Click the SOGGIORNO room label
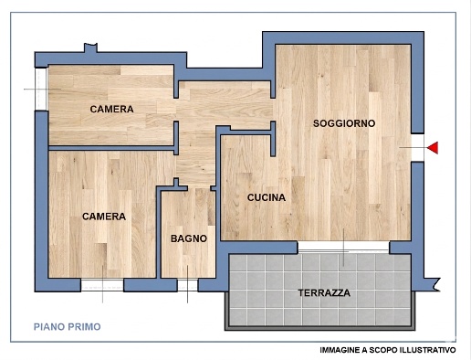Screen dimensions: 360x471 (x=343, y=123)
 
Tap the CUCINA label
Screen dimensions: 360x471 (x=267, y=197)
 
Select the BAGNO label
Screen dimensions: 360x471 (x=188, y=238)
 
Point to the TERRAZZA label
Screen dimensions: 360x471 (x=324, y=293)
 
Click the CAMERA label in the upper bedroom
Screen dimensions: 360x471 (x=111, y=110)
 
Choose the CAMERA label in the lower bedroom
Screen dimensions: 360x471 (x=103, y=217)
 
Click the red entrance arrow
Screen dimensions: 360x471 (x=433, y=147)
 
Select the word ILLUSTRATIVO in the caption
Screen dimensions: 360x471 (x=424, y=350)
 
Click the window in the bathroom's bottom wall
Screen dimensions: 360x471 (x=187, y=284)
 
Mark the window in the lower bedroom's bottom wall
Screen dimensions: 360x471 (x=101, y=284)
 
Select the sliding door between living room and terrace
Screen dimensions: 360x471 (x=344, y=248)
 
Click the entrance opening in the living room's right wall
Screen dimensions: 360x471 (x=417, y=147)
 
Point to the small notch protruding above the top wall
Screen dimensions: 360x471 (x=89, y=47)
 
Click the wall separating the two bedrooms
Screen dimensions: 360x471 (x=110, y=147)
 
